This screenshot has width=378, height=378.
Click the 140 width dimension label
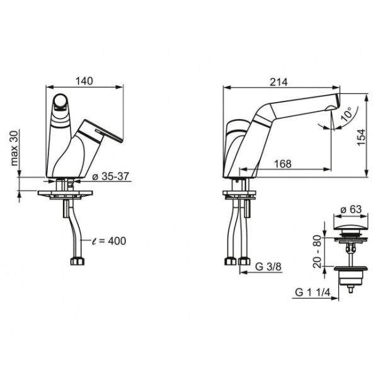click(84, 81)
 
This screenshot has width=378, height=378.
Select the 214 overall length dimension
click(278, 82)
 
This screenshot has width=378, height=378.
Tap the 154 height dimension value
click(362, 137)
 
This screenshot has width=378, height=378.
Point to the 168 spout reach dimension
click(283, 164)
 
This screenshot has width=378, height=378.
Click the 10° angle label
click(347, 114)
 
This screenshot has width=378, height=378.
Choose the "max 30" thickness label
click(14, 148)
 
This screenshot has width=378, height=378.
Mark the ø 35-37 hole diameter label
click(111, 176)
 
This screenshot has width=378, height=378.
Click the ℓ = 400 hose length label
click(109, 241)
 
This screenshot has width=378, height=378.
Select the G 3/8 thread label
click(268, 266)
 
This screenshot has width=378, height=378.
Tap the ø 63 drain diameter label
click(352, 209)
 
